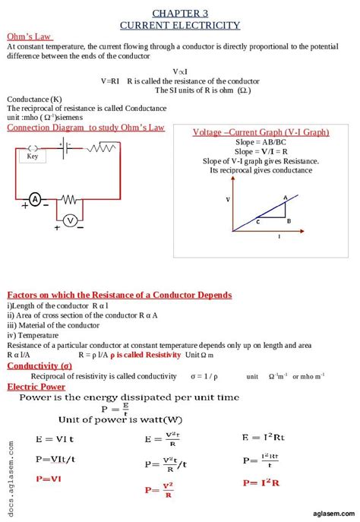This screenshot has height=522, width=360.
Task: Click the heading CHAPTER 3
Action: pyautogui.click(x=180, y=14)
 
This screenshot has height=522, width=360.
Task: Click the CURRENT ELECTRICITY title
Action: pyautogui.click(x=180, y=25)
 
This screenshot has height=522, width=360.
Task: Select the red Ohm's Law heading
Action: pyautogui.click(x=29, y=36)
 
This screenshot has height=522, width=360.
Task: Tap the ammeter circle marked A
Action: pyautogui.click(x=35, y=199)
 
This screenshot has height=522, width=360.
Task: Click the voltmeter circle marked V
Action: pyautogui.click(x=70, y=220)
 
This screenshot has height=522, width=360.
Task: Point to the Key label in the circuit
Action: pyautogui.click(x=33, y=157)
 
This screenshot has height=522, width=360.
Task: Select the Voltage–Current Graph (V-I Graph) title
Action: pyautogui.click(x=261, y=132)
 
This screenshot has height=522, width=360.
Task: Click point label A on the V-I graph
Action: pyautogui.click(x=285, y=198)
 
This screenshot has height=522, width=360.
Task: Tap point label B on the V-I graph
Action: pyautogui.click(x=289, y=221)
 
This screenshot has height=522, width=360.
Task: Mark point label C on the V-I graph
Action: pyautogui.click(x=258, y=222)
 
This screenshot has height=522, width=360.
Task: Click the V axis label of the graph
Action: pyautogui.click(x=227, y=199)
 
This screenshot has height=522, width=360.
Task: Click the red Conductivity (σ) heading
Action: pyautogui.click(x=39, y=365)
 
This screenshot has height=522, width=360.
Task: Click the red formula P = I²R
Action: pyautogui.click(x=261, y=482)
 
